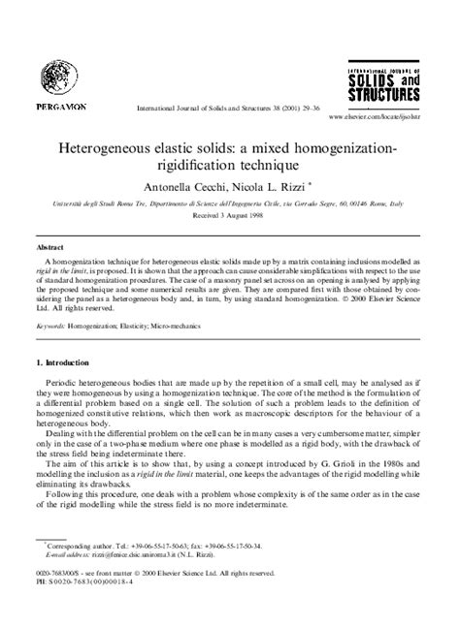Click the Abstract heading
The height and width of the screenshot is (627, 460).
pyautogui.click(x=49, y=247)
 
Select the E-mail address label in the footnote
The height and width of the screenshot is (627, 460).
pyautogui.click(x=69, y=583)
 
